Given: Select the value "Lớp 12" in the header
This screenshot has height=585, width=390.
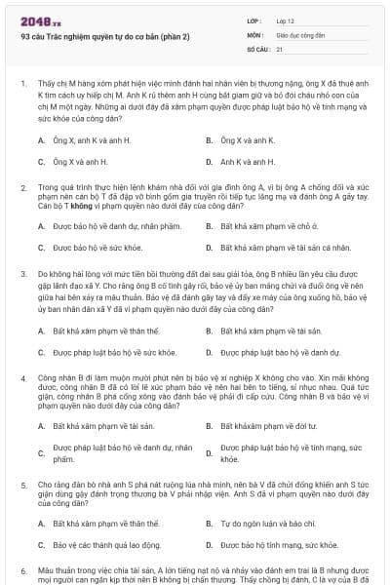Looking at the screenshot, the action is pos(286,19).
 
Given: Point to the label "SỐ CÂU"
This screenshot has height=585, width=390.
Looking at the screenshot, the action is pos(257,48).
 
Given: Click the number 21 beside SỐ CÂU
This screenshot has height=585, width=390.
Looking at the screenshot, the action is pos(280,48).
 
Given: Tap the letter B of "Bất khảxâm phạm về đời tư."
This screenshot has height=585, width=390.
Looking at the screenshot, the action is pos(211,426).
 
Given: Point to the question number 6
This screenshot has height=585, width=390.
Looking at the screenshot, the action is pos(23,569).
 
